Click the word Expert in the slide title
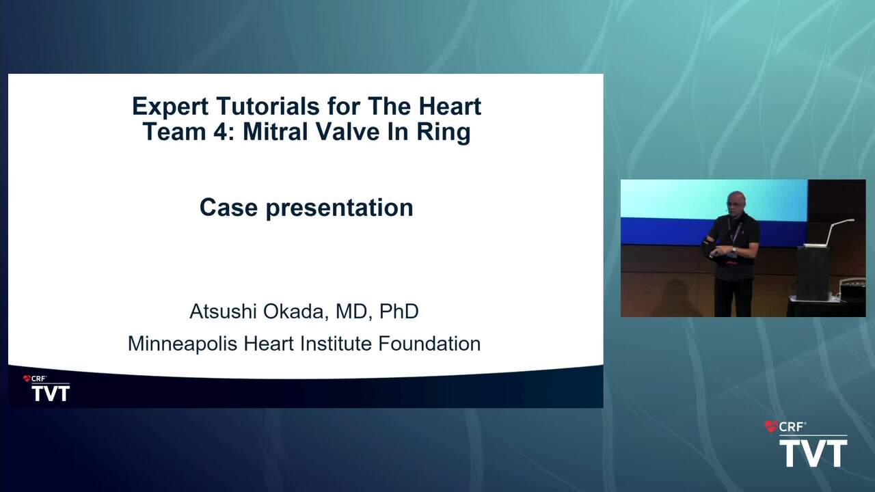click(x=170, y=107)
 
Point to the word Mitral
click(x=275, y=131)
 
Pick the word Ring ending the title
click(x=444, y=132)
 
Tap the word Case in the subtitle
click(x=228, y=207)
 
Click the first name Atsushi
click(x=223, y=311)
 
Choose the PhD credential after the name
click(x=399, y=311)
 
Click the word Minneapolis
click(x=183, y=344)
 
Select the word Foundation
click(x=429, y=344)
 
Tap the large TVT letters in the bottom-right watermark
click(x=813, y=453)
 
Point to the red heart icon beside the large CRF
click(x=770, y=426)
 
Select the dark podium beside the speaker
click(x=813, y=273)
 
